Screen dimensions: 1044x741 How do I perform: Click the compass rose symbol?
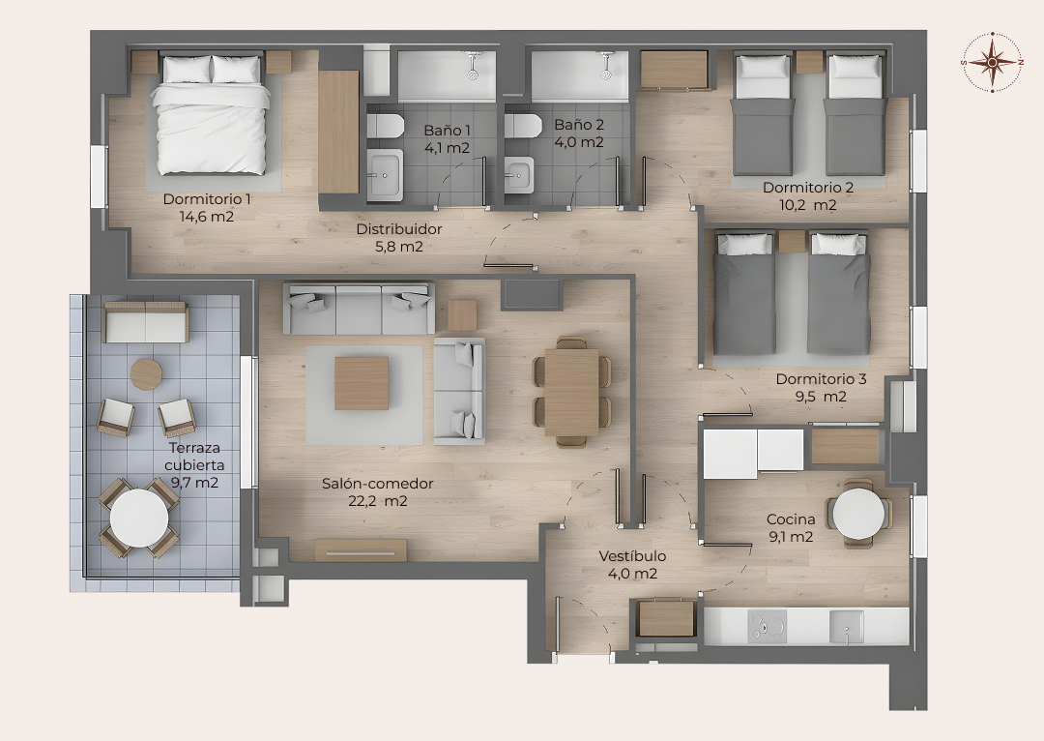(992, 62)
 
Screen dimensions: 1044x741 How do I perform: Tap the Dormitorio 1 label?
(207, 199)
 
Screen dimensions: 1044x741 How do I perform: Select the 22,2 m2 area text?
(378, 501)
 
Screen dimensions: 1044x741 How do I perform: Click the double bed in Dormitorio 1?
(211, 114)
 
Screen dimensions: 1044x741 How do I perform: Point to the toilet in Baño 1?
(386, 126)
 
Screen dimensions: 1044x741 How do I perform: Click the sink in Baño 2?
(519, 174)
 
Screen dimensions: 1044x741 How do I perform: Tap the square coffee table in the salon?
(362, 383)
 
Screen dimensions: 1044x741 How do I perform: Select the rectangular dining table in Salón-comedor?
(571, 393)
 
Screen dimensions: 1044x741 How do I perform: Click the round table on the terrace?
(139, 518)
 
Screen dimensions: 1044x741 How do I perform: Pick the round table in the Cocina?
(859, 514)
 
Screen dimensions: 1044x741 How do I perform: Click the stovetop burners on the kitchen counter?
(767, 627)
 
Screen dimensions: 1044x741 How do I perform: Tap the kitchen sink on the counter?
(846, 627)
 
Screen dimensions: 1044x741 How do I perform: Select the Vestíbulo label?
(632, 555)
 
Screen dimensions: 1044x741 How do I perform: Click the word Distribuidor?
(399, 229)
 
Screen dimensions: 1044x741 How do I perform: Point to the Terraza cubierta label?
(194, 457)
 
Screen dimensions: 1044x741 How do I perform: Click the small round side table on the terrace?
(147, 374)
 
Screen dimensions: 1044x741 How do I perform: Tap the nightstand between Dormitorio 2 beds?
(810, 62)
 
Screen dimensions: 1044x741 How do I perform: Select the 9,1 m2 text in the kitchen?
(791, 537)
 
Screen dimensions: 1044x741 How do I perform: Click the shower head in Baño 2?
(606, 66)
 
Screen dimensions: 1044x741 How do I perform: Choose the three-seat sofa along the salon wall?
(359, 309)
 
